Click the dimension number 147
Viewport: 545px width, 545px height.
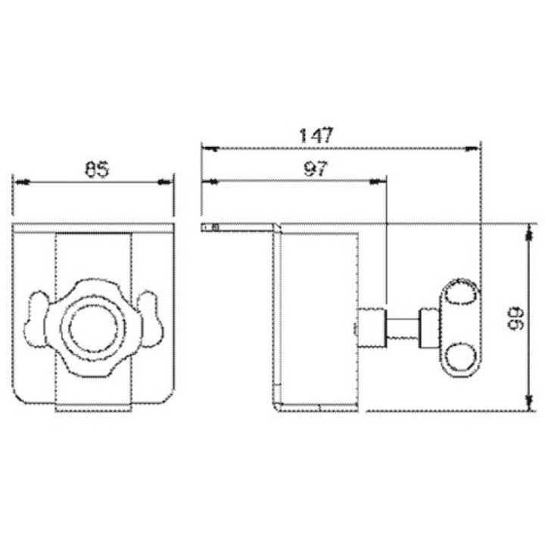(x=316, y=135)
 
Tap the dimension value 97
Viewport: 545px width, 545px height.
(x=316, y=169)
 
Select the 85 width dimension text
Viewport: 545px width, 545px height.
(x=97, y=170)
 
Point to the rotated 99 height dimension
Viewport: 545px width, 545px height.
(x=515, y=318)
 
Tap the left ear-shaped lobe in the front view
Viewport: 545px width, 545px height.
(x=36, y=319)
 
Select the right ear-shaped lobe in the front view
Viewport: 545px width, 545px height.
(x=151, y=319)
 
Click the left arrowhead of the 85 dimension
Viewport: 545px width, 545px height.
(x=20, y=182)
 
